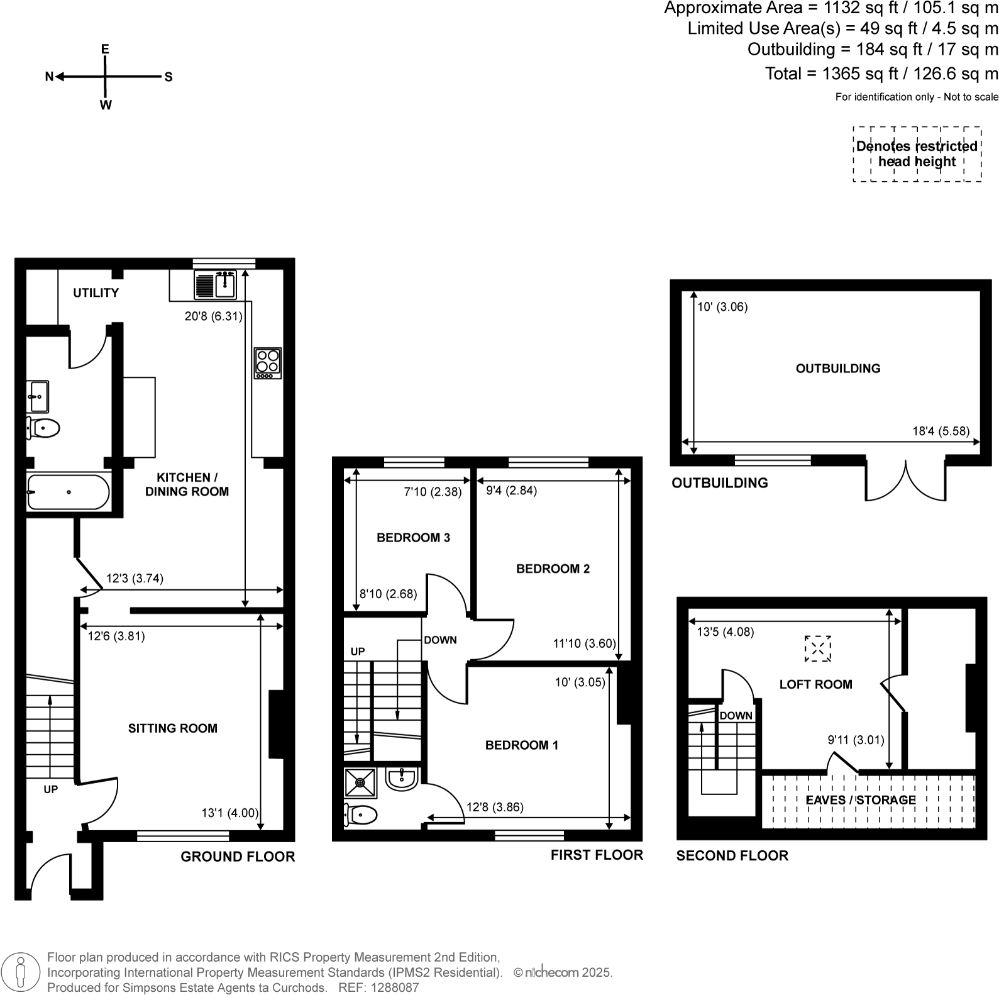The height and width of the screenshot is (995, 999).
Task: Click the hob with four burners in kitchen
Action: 268,363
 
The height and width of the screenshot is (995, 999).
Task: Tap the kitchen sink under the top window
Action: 215,284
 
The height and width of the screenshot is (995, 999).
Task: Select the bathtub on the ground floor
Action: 68,492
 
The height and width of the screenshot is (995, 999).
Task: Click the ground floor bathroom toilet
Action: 43,428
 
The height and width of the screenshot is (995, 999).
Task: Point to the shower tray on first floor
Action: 360,783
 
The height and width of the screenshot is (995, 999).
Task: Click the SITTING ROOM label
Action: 173,728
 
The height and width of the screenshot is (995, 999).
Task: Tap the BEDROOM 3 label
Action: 413,538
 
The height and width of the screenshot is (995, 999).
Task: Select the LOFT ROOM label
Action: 815,684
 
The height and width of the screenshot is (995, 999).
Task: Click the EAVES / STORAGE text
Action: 861,800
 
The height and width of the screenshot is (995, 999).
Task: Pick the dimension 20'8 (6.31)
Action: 213,316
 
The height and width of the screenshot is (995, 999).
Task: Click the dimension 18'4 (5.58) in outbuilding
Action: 941,431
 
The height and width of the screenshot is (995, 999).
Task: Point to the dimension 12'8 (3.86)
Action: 495,807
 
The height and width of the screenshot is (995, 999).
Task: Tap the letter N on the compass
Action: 49,77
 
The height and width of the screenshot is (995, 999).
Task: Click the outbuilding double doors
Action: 906,481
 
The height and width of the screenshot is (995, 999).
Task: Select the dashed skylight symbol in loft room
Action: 818,648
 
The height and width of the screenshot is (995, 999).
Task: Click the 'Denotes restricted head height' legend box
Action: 917,154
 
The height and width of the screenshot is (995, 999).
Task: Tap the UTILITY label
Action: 96,293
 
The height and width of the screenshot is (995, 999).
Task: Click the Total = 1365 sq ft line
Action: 881,74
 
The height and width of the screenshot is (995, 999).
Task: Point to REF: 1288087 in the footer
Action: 378,987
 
